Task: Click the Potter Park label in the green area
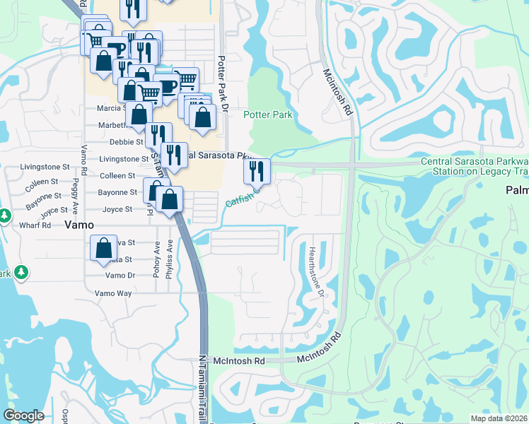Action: coord(267,114)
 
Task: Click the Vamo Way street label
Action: coord(113,293)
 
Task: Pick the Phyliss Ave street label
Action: coord(169,263)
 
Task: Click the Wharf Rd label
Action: coord(36,225)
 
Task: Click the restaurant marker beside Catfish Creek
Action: coord(257,170)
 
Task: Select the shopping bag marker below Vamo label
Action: coord(103,247)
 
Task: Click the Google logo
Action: coord(23,416)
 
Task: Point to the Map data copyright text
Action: coord(499,418)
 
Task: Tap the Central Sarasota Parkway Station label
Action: coord(474,167)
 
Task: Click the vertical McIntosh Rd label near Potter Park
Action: coord(337,92)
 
